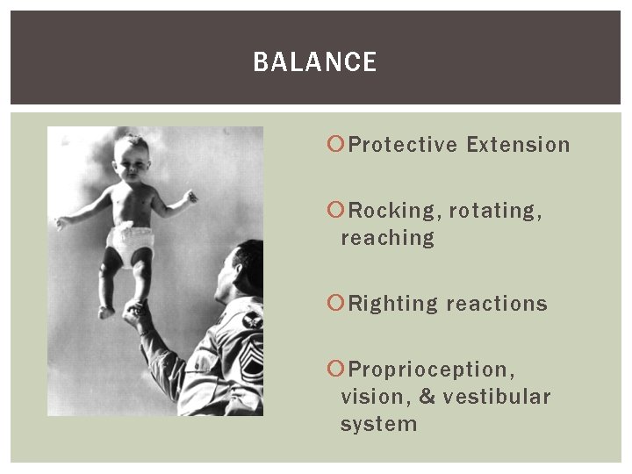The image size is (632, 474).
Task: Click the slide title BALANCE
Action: pos(314,62)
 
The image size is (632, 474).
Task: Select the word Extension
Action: pos(518,145)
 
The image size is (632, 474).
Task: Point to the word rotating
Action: pos(495,212)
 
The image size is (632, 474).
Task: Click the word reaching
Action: pos(387,239)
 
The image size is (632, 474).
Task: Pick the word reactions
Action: pos(497,305)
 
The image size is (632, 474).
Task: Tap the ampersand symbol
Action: pos(427,397)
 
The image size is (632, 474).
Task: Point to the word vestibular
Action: pos(497,397)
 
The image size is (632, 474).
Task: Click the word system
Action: pos(378,424)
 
